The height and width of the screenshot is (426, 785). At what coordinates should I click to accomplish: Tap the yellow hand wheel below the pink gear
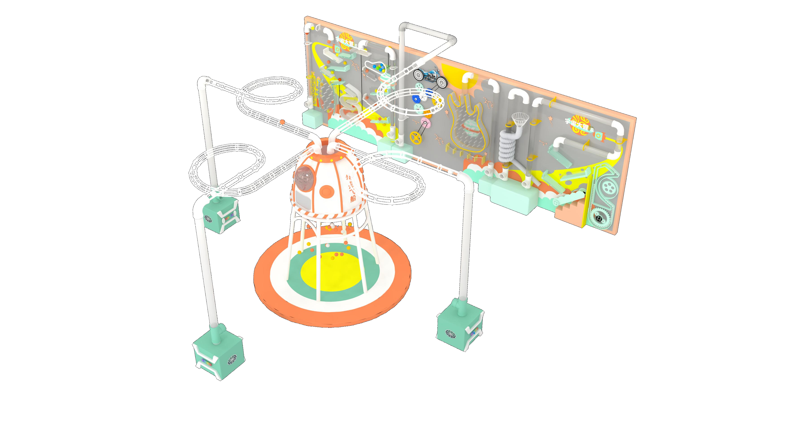pos(415,137)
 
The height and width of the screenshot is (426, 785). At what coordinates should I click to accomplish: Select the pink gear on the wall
pos(425,123)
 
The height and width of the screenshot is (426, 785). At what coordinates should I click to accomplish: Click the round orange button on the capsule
pos(327,191)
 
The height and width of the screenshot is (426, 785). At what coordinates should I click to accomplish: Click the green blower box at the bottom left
pos(219,355)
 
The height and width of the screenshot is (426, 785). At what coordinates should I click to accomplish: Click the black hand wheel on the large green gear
pos(599,218)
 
